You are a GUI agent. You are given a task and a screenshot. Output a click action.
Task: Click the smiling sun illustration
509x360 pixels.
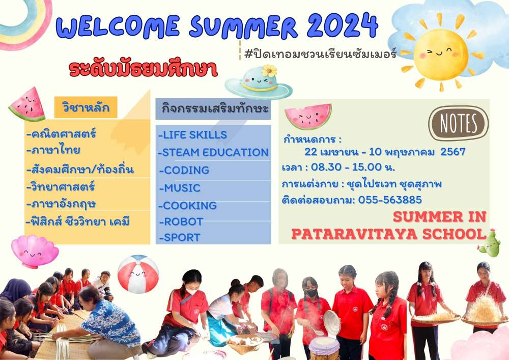point(441,53)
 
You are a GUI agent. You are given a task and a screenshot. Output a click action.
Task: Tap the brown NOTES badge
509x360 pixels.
point(459,123)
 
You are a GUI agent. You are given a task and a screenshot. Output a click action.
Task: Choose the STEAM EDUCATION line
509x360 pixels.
point(213,152)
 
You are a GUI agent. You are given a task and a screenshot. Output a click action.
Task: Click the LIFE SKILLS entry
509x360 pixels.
point(192,135)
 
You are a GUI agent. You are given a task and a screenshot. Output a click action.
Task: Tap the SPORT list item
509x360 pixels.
point(180,238)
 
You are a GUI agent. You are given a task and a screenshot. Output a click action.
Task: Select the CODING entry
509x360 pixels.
point(184,170)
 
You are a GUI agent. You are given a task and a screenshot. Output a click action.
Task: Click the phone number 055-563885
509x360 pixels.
point(390,200)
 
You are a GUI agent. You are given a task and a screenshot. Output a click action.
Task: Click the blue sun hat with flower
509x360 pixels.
point(259,82)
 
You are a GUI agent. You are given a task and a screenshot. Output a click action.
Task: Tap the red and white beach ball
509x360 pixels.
point(138,273)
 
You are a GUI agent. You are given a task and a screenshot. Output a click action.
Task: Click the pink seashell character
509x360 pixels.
point(35,251)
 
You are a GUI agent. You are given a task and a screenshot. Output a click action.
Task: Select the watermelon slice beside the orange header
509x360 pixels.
point(27,104)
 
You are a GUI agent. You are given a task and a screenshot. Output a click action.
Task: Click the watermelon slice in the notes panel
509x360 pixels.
point(308,116)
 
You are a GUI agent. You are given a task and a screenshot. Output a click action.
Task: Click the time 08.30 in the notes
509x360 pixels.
point(326,167)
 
